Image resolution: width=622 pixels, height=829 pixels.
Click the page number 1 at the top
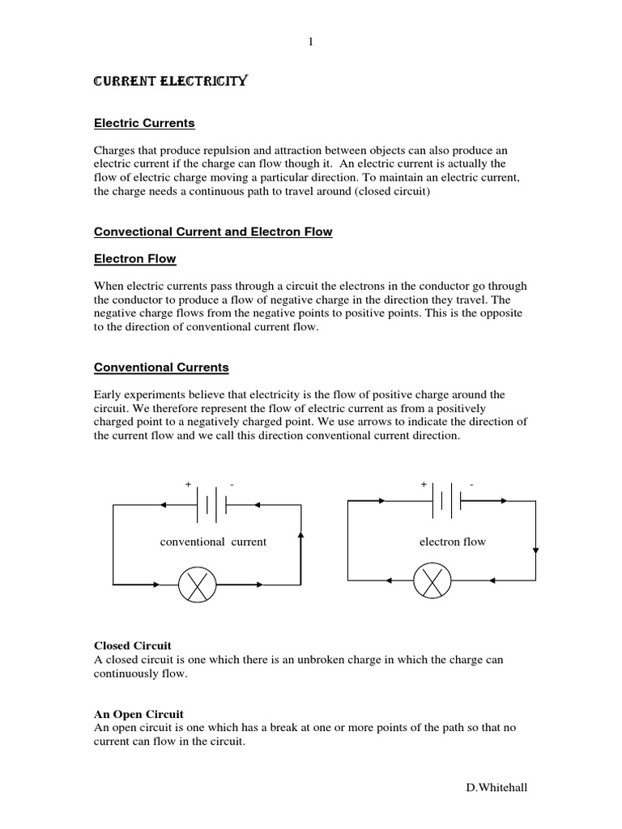point(310,43)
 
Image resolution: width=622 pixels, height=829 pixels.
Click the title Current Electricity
point(171,82)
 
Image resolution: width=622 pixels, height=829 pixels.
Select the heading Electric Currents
point(145,124)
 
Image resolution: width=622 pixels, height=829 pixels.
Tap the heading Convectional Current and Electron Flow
point(213,232)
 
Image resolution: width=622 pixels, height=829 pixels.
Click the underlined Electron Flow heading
point(135,259)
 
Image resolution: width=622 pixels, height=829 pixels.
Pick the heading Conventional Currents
point(162,368)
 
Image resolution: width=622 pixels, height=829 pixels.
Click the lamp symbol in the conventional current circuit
point(197,584)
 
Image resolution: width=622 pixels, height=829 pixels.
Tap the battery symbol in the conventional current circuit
point(210,504)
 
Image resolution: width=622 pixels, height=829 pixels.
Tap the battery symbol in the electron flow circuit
point(445,502)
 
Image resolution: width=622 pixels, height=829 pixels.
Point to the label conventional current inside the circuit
point(213,542)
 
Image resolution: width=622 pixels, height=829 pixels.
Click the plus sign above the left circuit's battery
point(188,484)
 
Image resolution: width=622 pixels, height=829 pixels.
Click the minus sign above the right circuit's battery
point(471,484)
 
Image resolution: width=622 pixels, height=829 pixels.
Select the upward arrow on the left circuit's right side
point(301,536)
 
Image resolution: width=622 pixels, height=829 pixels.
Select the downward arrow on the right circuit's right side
point(535,551)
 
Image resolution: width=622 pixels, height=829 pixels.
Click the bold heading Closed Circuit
point(133,645)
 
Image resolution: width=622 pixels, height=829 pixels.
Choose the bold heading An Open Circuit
point(139,714)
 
